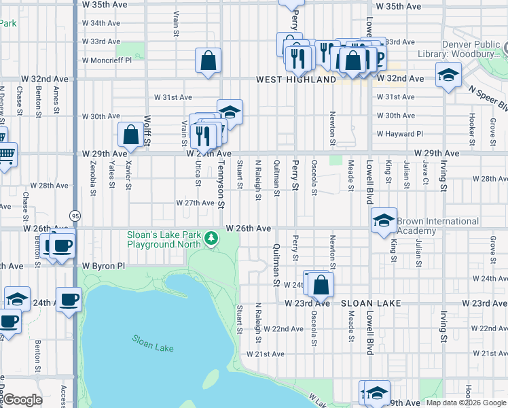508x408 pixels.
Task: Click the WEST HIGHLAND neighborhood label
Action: (295, 80)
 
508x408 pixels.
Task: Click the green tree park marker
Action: (212, 238)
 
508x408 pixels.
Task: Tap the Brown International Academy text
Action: (437, 226)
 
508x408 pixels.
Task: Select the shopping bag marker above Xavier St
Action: (130, 135)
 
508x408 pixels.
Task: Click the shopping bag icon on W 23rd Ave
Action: (322, 284)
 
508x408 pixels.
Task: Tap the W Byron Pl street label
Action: (104, 266)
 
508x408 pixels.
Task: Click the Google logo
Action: (22, 400)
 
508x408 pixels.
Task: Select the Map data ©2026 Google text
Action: (466, 403)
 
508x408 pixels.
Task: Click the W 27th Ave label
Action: (196, 203)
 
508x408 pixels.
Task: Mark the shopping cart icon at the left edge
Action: (5, 156)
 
